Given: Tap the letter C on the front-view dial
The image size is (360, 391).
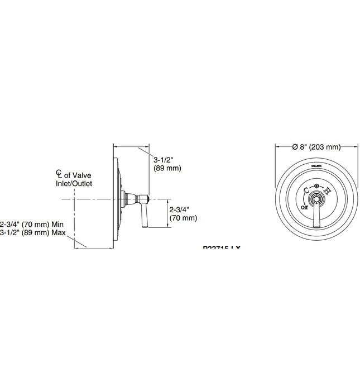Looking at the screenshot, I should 306,190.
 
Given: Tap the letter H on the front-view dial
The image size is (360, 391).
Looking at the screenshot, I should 327,191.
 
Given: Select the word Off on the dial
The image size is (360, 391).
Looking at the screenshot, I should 304,207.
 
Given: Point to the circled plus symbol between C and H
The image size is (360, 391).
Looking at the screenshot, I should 316,186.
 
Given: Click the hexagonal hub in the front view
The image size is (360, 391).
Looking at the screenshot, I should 316,201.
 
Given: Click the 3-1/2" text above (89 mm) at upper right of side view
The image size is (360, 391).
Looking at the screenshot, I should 162,159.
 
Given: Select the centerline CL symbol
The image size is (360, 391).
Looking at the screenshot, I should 59,174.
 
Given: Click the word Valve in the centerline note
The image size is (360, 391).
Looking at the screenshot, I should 83,175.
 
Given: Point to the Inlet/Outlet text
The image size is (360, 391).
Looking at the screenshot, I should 73,183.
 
